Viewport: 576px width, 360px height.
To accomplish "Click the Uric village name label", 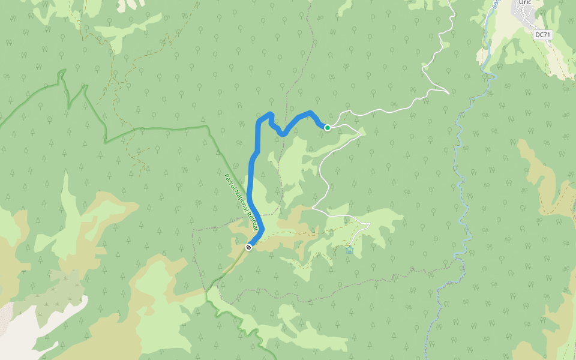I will click(526, 3).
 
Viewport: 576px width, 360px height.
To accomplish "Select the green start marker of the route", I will click(328, 127).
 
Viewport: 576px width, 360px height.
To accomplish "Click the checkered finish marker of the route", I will click(248, 247).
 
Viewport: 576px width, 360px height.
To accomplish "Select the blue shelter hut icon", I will click(349, 250).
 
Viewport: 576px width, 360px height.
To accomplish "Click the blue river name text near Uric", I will click(496, 5).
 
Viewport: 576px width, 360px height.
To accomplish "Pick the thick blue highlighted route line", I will click(251, 180).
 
